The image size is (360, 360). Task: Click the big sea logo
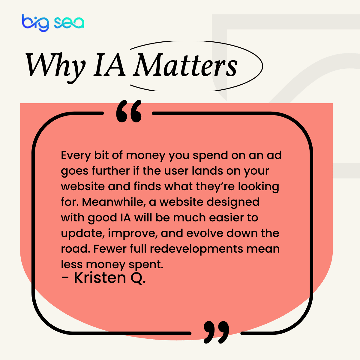[53, 23]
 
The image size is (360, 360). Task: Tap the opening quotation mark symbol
[129, 112]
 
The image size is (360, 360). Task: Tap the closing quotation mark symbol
[216, 332]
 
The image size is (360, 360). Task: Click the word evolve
[204, 233]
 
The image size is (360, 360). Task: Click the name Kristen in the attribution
[100, 278]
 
